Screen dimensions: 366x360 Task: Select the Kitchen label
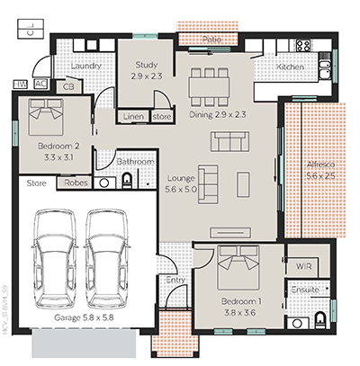pyautogui.click(x=290, y=67)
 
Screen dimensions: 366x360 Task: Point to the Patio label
pyautogui.click(x=212, y=39)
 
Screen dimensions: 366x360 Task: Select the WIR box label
pyautogui.click(x=301, y=267)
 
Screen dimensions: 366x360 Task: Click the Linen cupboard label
pyautogui.click(x=133, y=117)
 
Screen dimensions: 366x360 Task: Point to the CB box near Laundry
pyautogui.click(x=68, y=87)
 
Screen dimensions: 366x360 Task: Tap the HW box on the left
pyautogui.click(x=21, y=83)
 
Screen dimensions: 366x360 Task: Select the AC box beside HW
pyautogui.click(x=40, y=83)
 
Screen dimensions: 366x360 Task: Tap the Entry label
pyautogui.click(x=176, y=281)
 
